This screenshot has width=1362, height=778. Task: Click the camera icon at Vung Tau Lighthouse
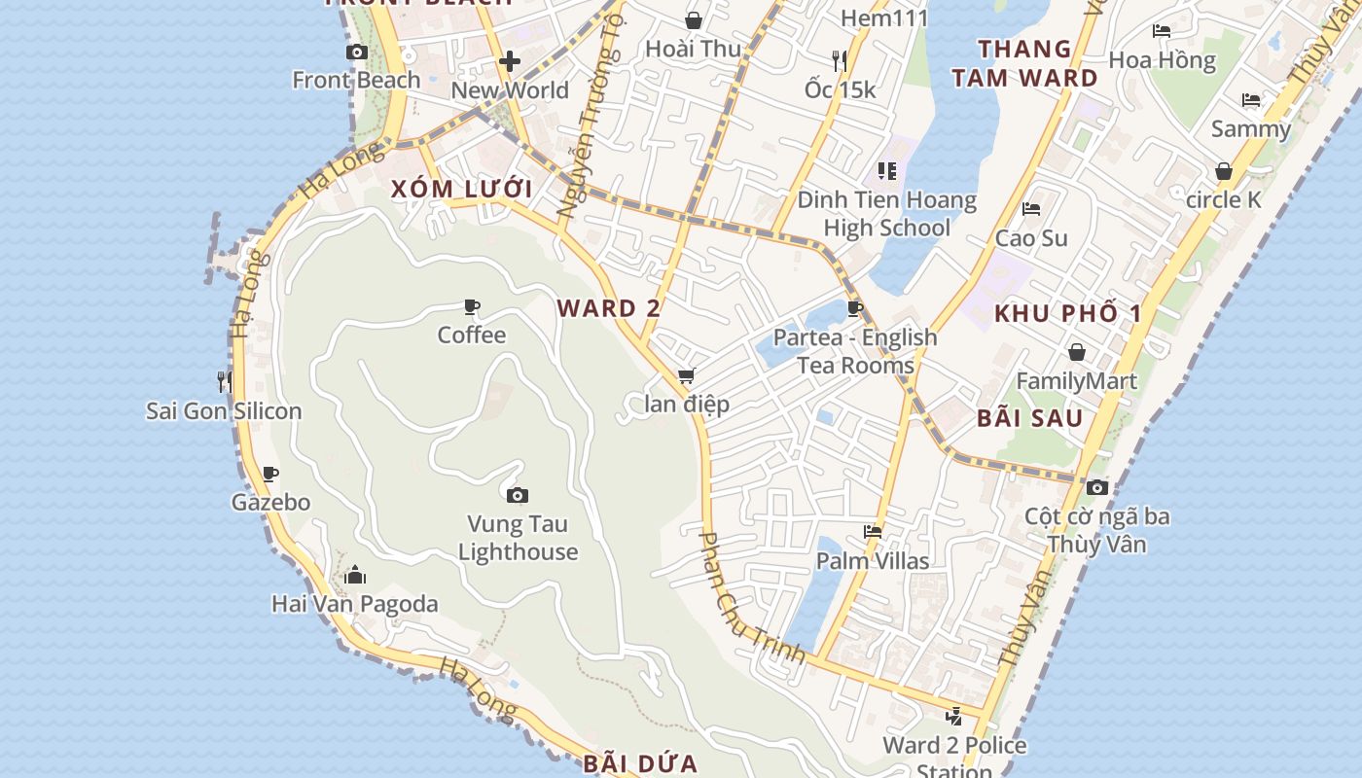point(518,496)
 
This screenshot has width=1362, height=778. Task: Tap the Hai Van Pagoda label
point(354,604)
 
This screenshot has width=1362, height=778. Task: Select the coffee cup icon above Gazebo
point(270,475)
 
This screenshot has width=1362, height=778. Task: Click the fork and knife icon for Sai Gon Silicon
point(225,381)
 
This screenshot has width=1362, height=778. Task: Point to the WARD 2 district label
point(609,309)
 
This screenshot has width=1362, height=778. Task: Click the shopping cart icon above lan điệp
point(686,376)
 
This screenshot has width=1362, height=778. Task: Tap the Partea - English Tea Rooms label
point(855,351)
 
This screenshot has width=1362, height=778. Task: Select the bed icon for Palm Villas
point(873,532)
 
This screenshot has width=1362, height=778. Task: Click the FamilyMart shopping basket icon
point(1076,352)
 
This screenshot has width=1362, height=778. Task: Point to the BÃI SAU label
point(1030,419)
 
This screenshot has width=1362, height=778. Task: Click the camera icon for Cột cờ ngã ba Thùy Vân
point(1097,488)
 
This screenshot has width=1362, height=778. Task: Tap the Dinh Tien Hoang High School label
point(886,214)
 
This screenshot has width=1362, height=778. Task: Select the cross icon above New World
point(509,62)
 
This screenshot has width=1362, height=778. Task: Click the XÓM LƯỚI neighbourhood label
point(462,189)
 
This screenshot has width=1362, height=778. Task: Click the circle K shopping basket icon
point(1224,172)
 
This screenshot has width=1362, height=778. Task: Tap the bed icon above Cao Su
point(1031,209)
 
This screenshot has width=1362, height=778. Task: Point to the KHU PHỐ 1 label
point(1067,314)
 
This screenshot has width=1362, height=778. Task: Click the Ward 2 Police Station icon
point(953,718)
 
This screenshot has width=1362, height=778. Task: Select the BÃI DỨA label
point(641,763)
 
